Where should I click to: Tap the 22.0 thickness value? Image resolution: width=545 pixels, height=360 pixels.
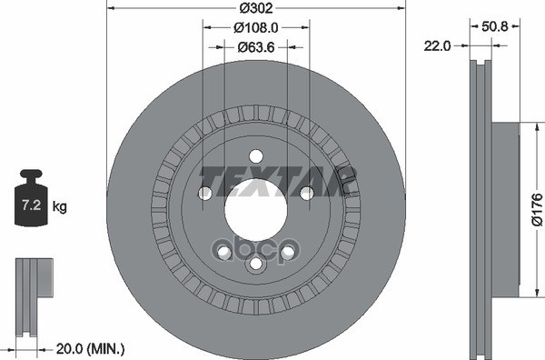pyautogui.click(x=438, y=45)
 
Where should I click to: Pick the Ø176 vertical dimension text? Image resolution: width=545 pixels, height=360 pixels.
pyautogui.click(x=536, y=206)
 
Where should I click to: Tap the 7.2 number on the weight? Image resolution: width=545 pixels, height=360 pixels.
pyautogui.click(x=30, y=207)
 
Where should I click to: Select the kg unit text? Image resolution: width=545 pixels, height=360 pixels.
pyautogui.click(x=59, y=207)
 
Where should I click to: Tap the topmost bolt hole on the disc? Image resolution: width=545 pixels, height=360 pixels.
pyautogui.click(x=255, y=155)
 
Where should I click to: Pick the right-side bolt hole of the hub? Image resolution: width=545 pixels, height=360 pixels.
pyautogui.click(x=306, y=193)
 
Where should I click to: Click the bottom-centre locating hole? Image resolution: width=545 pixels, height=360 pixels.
pyautogui.click(x=255, y=263)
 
